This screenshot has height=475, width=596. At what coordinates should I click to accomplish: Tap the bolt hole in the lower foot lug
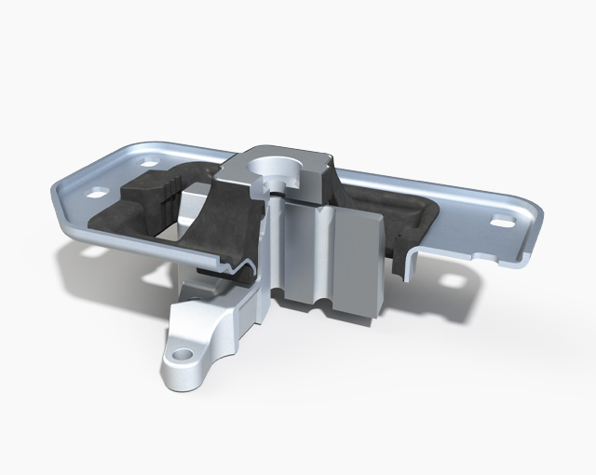coord(183,354)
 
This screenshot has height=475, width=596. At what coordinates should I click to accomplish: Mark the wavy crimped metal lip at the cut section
coord(237,271)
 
